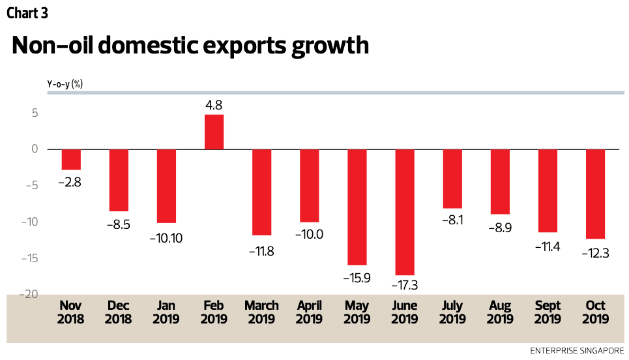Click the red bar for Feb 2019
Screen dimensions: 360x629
coord(214,132)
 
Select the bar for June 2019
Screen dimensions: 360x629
coord(405,212)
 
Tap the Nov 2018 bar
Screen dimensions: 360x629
coord(71,159)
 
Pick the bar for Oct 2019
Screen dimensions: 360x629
coord(595,194)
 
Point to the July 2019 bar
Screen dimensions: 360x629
coord(452,178)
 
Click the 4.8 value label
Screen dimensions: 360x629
coord(214,105)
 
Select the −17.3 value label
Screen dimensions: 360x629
coord(405,286)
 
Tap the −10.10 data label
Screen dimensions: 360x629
coord(166,238)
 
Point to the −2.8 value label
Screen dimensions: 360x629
coord(71,183)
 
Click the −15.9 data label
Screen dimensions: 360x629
coord(357,277)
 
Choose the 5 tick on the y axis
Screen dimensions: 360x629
coord(34,113)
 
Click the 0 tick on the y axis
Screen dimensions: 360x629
coord(34,149)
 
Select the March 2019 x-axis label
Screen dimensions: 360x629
coord(261,312)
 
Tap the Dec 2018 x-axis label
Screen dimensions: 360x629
coord(118,312)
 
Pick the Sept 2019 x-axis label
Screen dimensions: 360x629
coord(548,312)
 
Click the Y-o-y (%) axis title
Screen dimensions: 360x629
coord(65,83)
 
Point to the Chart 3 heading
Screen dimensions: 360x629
coord(27,12)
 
